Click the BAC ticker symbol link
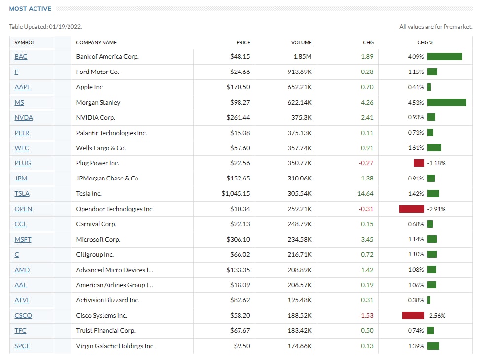pyautogui.click(x=21, y=57)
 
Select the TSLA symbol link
pyautogui.click(x=22, y=194)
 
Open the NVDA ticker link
pyautogui.click(x=24, y=118)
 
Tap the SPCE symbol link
pyautogui.click(x=22, y=346)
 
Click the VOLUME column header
pyautogui.click(x=301, y=43)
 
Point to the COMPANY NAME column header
pyautogui.click(x=97, y=43)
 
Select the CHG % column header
pyautogui.click(x=425, y=43)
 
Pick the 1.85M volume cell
pyautogui.click(x=303, y=57)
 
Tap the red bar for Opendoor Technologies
pyautogui.click(x=412, y=209)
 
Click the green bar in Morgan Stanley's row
pyautogui.click(x=447, y=103)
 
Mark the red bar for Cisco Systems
pyautogui.click(x=413, y=316)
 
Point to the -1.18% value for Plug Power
pyautogui.click(x=436, y=163)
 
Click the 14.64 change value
pyautogui.click(x=365, y=194)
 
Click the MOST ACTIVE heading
pyautogui.click(x=30, y=9)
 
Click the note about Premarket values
pyautogui.click(x=436, y=27)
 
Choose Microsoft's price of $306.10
pyautogui.click(x=240, y=240)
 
